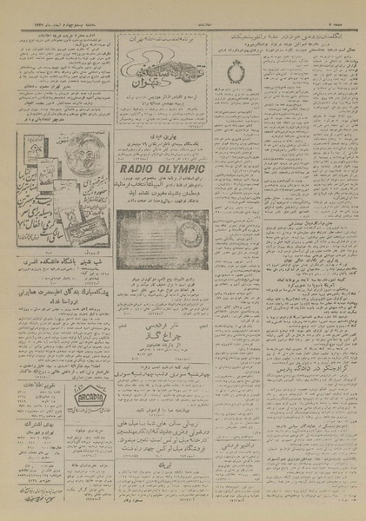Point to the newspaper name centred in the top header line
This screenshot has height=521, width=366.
coord(183,5)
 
